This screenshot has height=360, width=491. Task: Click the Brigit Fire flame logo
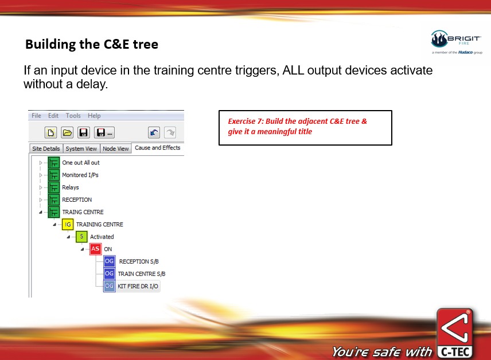click(439, 39)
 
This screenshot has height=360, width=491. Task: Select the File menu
click(36, 116)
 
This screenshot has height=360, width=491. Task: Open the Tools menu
click(73, 116)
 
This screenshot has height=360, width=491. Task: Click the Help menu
click(94, 116)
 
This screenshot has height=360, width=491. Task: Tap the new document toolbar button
click(50, 133)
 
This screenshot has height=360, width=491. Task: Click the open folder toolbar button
click(67, 133)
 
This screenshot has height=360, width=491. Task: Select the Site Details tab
click(46, 148)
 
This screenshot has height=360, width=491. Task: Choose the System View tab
click(81, 148)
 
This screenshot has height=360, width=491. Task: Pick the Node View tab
click(115, 148)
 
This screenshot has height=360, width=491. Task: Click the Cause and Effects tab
click(158, 147)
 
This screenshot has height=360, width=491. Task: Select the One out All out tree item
click(81, 162)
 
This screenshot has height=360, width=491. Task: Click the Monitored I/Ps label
click(80, 175)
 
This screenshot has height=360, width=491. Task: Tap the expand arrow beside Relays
click(40, 187)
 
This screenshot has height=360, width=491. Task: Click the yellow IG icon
click(68, 225)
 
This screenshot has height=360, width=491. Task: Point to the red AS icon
click(95, 249)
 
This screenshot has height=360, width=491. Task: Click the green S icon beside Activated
click(81, 237)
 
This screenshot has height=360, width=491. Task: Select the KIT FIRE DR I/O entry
click(138, 286)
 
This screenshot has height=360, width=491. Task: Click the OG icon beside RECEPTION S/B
click(110, 261)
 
